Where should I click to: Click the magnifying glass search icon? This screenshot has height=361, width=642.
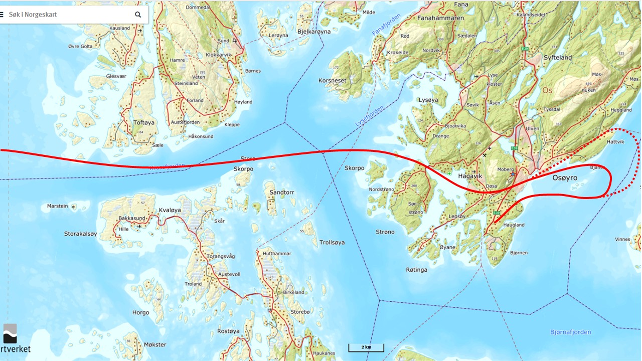pyautogui.click(x=138, y=15)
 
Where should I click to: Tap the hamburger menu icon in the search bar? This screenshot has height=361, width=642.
pyautogui.click(x=2, y=15)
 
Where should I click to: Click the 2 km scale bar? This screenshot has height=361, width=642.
pyautogui.click(x=366, y=347)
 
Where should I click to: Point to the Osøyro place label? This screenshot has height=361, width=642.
pyautogui.click(x=565, y=178)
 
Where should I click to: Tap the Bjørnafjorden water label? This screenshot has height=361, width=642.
pyautogui.click(x=570, y=332)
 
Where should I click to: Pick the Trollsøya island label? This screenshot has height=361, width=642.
pyautogui.click(x=332, y=243)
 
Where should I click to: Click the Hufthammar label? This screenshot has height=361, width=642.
pyautogui.click(x=276, y=254)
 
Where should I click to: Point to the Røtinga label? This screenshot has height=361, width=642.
pyautogui.click(x=416, y=270)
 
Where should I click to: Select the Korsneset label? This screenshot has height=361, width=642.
pyautogui.click(x=332, y=80)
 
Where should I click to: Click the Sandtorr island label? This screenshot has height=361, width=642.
pyautogui.click(x=281, y=193)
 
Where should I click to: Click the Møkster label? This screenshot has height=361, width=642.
pyautogui.click(x=155, y=345)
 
